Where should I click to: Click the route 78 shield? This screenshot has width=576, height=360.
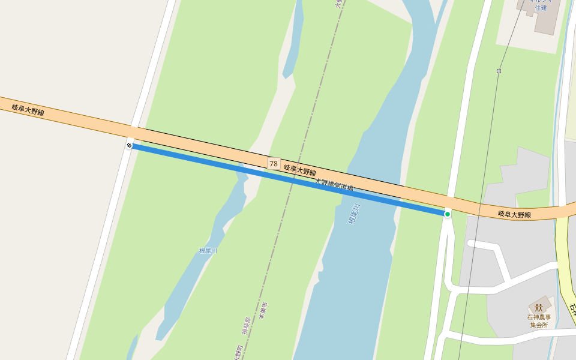click(274, 164)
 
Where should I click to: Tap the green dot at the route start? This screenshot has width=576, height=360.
click(447, 214)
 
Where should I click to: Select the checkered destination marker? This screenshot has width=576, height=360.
click(130, 145)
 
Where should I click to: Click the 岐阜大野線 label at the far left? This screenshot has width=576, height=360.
click(28, 109)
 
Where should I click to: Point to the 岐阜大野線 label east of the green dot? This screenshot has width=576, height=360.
click(514, 214)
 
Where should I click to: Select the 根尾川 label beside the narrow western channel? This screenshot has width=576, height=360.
click(208, 251)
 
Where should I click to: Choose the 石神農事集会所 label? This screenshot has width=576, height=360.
click(538, 320)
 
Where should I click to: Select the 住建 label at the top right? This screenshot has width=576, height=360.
click(541, 8)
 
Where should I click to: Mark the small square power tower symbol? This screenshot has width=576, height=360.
click(499, 71)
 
